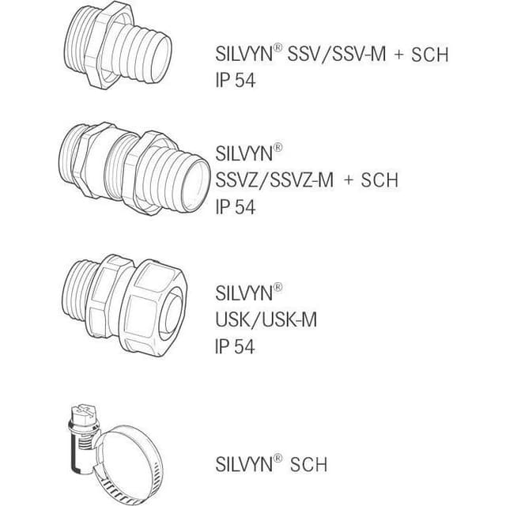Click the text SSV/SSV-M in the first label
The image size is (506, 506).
(337, 54)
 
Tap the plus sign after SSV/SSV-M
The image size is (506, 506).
(398, 55)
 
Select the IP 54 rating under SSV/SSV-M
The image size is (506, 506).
(236, 80)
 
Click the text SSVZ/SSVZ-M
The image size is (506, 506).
(274, 179)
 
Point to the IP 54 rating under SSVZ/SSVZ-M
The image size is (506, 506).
(236, 207)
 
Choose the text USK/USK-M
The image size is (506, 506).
(266, 319)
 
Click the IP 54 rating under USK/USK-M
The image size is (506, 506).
(235, 346)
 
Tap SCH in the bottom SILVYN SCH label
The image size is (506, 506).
(308, 464)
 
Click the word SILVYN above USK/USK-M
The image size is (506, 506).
(244, 293)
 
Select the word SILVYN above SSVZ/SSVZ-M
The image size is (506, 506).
(244, 153)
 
